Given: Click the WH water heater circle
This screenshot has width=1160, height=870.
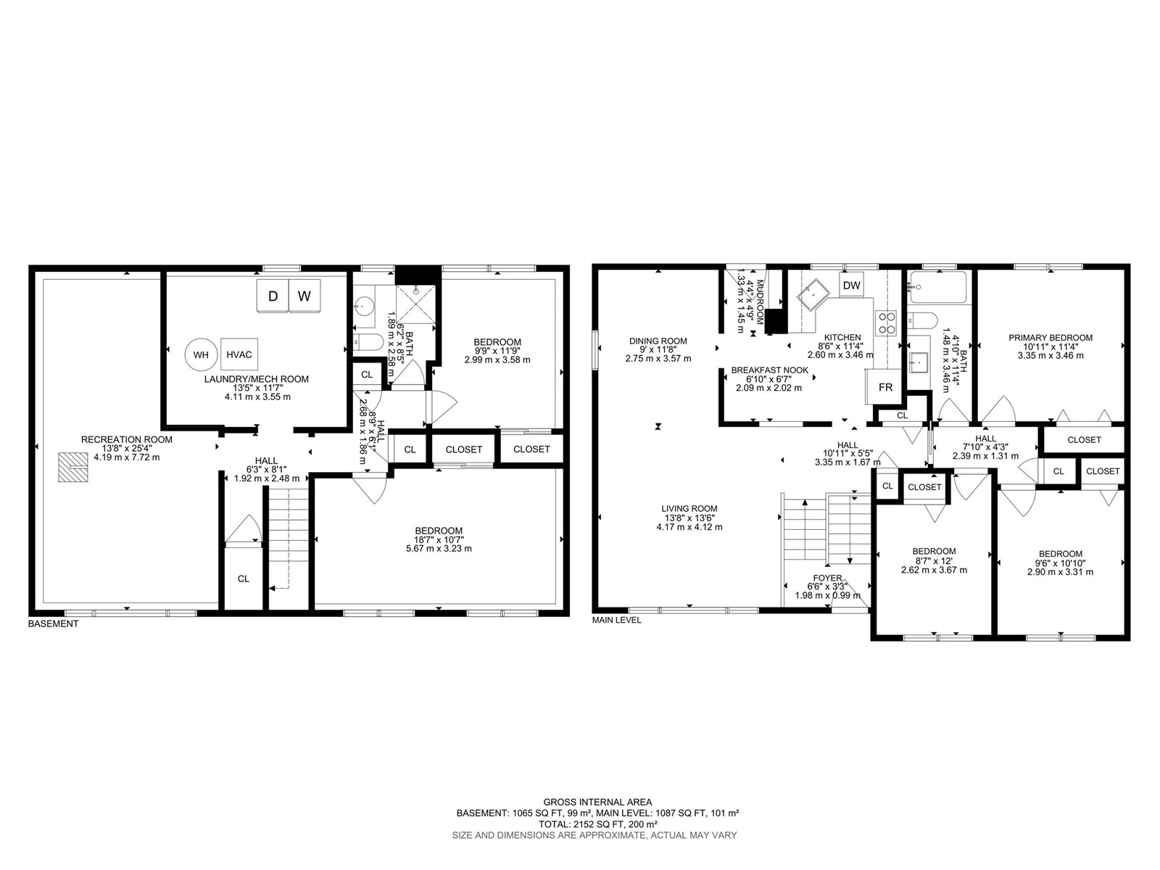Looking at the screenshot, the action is (201, 355).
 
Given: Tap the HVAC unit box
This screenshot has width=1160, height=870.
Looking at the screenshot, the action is (239, 355).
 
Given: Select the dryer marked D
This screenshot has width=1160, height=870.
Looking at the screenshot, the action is (273, 296).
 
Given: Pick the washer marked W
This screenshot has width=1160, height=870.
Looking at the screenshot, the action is (304, 296).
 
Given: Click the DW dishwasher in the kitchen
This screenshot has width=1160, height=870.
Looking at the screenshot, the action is (851, 285).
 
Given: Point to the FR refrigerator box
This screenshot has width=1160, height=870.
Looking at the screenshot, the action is (886, 387).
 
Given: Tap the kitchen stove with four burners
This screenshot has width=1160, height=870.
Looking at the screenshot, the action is (887, 323).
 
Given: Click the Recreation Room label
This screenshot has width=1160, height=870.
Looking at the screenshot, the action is (127, 439).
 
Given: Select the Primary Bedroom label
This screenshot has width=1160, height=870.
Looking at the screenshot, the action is (1051, 338).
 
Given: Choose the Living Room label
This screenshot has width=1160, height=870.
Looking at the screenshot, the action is (689, 509).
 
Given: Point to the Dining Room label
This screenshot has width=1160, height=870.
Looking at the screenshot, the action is (658, 341).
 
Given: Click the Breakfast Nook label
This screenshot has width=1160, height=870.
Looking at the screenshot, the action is (769, 370).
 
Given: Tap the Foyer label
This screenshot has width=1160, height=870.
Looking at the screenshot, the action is (828, 578).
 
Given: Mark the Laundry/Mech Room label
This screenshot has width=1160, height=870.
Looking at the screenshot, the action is (257, 379).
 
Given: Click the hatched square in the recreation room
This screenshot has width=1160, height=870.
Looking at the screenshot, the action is (72, 467).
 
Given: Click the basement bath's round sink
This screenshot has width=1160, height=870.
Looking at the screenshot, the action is (364, 304).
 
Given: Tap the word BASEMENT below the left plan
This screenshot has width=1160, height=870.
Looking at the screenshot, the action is (53, 623).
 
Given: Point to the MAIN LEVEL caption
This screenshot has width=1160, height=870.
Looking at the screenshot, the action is (616, 620).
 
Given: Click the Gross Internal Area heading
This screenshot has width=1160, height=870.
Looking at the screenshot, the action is (597, 803).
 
